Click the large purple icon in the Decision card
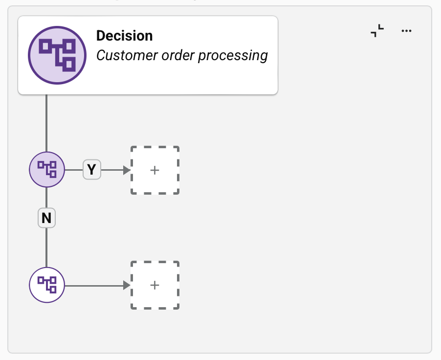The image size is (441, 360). (x=57, y=55)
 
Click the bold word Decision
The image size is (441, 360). (x=124, y=36)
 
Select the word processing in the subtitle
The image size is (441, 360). (x=233, y=56)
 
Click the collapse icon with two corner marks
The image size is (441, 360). (x=377, y=31)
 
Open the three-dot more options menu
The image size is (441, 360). (x=406, y=31)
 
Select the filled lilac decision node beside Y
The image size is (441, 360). (x=47, y=170)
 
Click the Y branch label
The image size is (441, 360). (x=91, y=170)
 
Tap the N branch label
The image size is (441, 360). (x=46, y=218)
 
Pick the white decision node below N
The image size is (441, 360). (x=47, y=285)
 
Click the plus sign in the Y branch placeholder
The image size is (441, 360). (x=154, y=170)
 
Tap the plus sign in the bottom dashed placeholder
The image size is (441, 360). (x=154, y=285)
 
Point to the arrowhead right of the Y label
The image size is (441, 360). (x=127, y=170)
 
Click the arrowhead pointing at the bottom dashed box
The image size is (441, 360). (x=127, y=285)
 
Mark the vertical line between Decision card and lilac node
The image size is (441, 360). (x=46, y=122)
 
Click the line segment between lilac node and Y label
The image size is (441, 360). (x=73, y=170)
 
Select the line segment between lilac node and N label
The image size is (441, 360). (x=46, y=198)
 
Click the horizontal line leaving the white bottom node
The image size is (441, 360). (x=93, y=285)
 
